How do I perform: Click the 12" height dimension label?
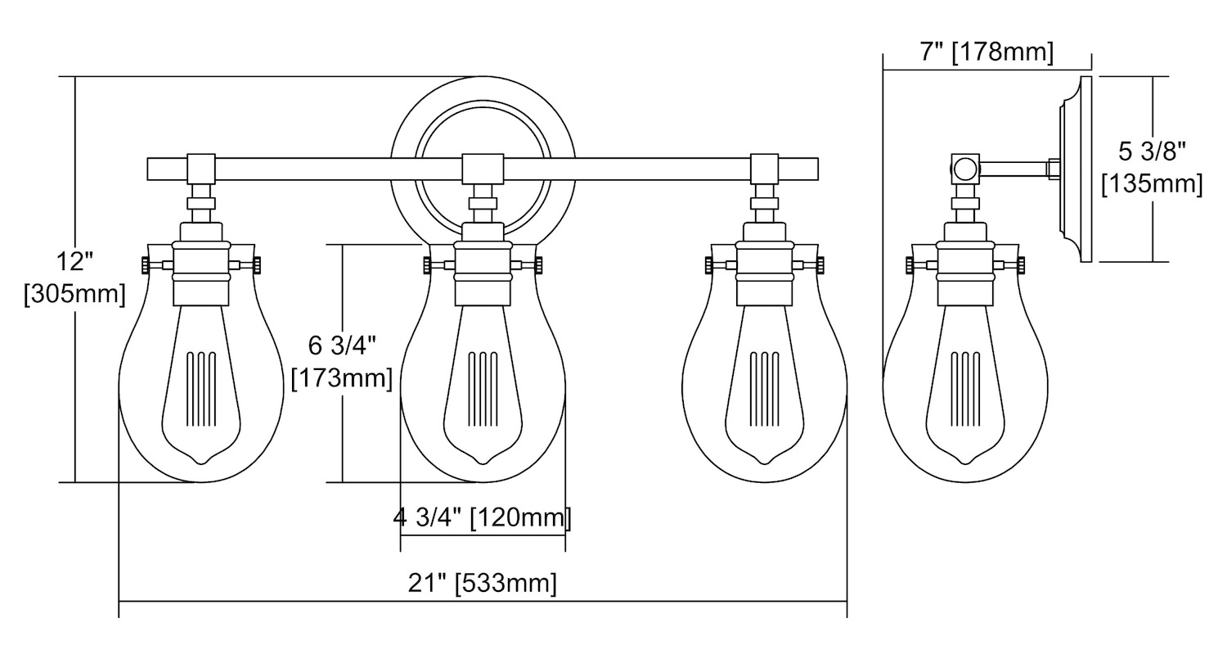coord(75,261)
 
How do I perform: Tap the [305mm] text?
coord(75,295)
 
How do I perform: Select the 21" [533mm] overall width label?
coord(483,583)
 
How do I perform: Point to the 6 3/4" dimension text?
coord(343,345)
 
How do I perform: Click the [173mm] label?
coord(343,378)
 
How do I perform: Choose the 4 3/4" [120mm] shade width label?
coord(483,517)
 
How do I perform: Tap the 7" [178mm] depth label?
coord(987,52)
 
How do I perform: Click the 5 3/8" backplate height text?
coord(1152,151)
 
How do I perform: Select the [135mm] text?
coord(1152,183)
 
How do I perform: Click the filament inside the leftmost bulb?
coord(201,389)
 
